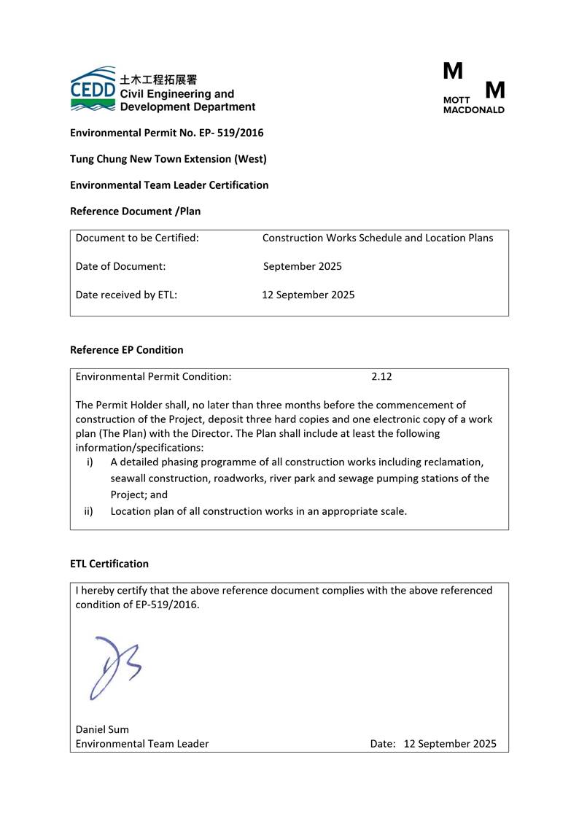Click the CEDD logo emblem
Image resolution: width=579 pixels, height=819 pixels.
[93, 89]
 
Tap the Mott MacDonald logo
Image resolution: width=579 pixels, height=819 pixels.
[473, 88]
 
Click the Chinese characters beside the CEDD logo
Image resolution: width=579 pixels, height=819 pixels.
[158, 79]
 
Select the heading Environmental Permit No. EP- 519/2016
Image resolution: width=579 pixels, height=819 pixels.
[166, 133]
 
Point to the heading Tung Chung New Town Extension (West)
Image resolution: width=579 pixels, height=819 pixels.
[168, 159]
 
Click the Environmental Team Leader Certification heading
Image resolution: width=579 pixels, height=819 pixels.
[169, 185]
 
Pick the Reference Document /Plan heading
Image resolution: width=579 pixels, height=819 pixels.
[135, 211]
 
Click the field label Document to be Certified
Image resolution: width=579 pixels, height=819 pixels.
[137, 238]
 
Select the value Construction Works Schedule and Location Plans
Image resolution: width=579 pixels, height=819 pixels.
[377, 238]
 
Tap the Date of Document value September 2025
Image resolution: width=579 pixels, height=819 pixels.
[302, 266]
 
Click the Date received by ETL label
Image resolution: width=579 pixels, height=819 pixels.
[126, 295]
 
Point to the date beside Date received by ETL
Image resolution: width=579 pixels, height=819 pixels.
[308, 295]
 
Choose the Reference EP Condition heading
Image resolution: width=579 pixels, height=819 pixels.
[126, 350]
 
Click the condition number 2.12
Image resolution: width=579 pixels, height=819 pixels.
[381, 377]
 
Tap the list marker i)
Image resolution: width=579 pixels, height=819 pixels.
[90, 462]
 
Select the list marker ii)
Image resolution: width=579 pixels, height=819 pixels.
[88, 511]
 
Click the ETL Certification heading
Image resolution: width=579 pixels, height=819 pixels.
[109, 564]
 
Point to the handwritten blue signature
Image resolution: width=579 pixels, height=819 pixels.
[114, 666]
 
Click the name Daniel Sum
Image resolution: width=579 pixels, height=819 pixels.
[102, 729]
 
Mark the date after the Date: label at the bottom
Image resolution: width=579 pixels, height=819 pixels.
[449, 744]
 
